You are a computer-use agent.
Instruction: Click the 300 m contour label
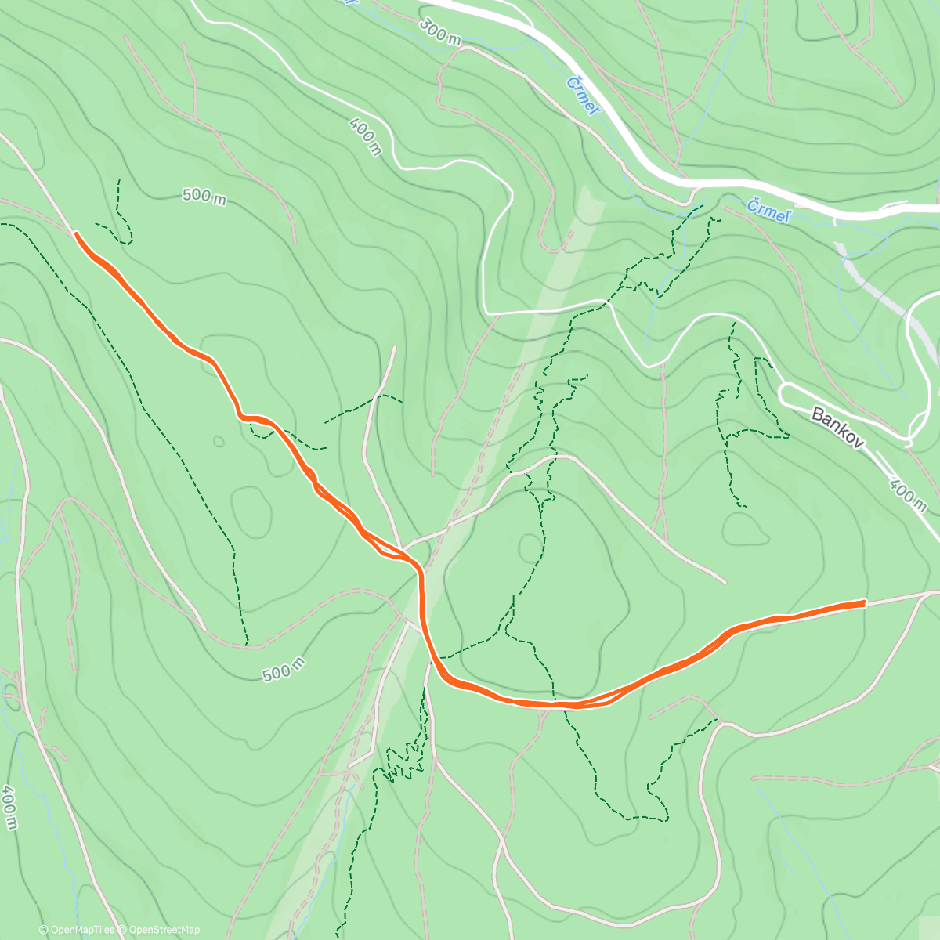click(x=439, y=32)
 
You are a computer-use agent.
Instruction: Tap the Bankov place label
click(x=837, y=428)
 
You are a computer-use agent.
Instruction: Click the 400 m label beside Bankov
click(x=907, y=494)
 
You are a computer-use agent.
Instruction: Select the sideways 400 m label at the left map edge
click(x=9, y=808)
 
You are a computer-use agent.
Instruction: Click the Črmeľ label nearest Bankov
click(x=767, y=210)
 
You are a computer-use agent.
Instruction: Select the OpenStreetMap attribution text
click(x=164, y=930)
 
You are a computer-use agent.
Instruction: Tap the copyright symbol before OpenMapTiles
click(x=44, y=930)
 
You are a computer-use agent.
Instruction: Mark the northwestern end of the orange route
click(x=76, y=233)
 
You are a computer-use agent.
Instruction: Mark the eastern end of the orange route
click(x=863, y=602)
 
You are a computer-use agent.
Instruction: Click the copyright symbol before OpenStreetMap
click(x=122, y=930)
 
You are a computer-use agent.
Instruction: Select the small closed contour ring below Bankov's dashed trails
click(x=745, y=530)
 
